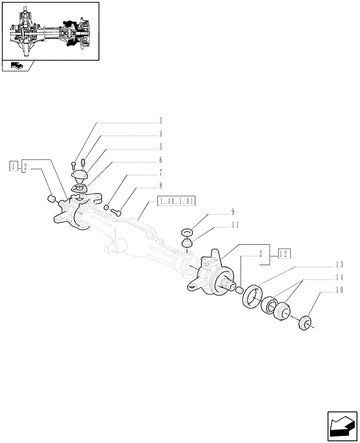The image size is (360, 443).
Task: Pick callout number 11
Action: point(235,225)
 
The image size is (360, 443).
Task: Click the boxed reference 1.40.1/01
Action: point(176,202)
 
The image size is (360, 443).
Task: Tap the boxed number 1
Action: point(14,167)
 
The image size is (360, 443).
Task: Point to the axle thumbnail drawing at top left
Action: point(50,31)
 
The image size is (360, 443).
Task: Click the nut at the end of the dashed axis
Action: point(304,323)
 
